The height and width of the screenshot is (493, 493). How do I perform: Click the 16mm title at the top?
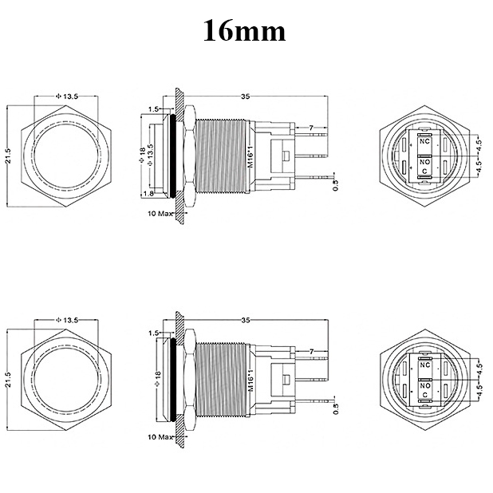[244, 30]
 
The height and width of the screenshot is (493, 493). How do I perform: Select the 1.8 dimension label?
[148, 193]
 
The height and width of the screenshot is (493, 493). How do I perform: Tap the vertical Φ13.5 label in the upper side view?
[150, 155]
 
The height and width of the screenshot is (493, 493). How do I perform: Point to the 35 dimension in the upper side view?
[246, 97]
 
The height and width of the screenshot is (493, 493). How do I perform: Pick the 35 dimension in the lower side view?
[246, 320]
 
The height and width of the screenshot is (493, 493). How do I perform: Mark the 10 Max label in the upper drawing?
[160, 214]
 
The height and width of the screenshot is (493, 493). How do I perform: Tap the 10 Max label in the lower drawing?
[160, 437]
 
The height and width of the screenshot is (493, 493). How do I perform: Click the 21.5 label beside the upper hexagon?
[8, 156]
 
